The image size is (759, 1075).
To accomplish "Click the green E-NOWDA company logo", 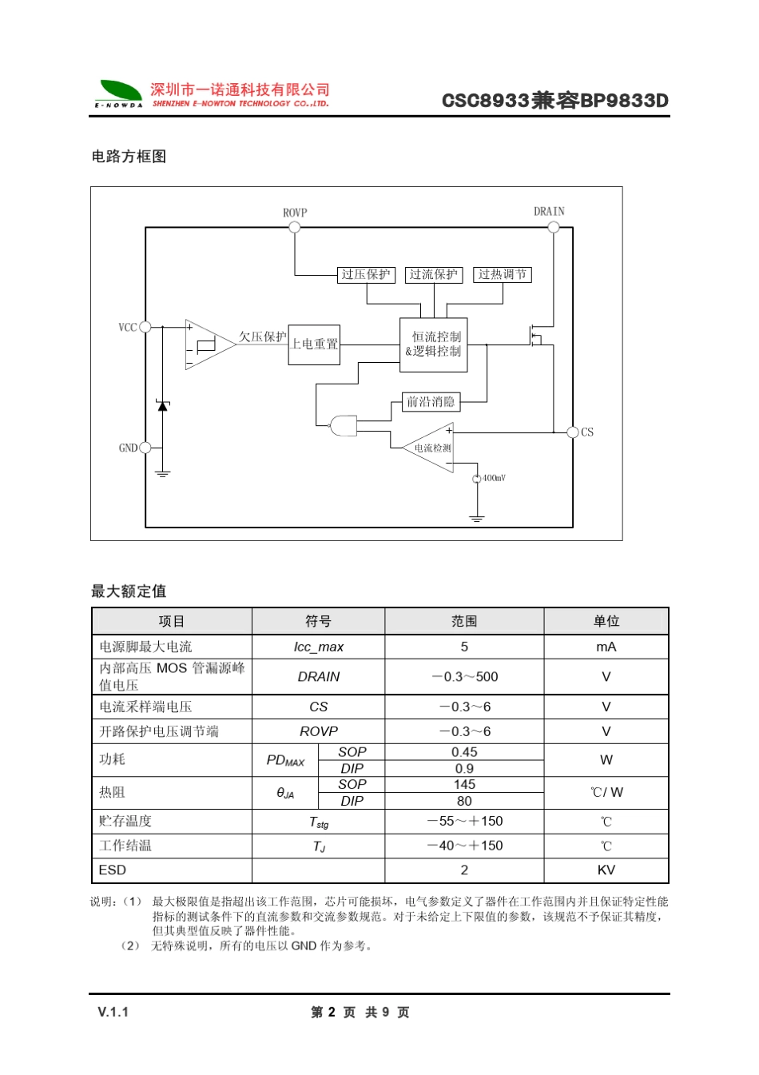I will [x=120, y=93].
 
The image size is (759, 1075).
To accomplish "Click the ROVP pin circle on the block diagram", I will [x=295, y=227].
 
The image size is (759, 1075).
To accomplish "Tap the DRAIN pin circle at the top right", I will [x=553, y=227].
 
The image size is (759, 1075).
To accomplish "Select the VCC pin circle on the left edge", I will [x=145, y=327].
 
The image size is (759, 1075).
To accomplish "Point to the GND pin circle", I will [x=145, y=448].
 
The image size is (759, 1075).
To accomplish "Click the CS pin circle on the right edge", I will [x=572, y=432].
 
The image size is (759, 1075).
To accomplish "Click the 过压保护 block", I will [x=366, y=275].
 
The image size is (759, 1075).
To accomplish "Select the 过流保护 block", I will [x=434, y=275].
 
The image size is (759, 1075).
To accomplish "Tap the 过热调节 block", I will [x=503, y=275].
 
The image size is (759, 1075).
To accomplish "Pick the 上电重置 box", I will [x=314, y=344].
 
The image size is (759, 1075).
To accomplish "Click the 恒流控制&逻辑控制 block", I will [x=434, y=344].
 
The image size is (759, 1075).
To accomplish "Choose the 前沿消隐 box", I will [x=431, y=402].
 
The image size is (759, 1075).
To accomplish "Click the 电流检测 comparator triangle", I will [x=431, y=448].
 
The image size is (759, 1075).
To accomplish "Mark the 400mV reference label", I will [x=495, y=478].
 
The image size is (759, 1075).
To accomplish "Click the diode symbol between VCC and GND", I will [x=163, y=406].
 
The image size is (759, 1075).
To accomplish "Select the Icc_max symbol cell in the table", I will [x=318, y=647].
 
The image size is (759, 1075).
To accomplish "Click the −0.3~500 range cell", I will [x=464, y=677].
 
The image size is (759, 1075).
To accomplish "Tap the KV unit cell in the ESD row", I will [x=606, y=870].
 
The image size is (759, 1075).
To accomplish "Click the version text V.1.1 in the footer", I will [x=113, y=1012].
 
